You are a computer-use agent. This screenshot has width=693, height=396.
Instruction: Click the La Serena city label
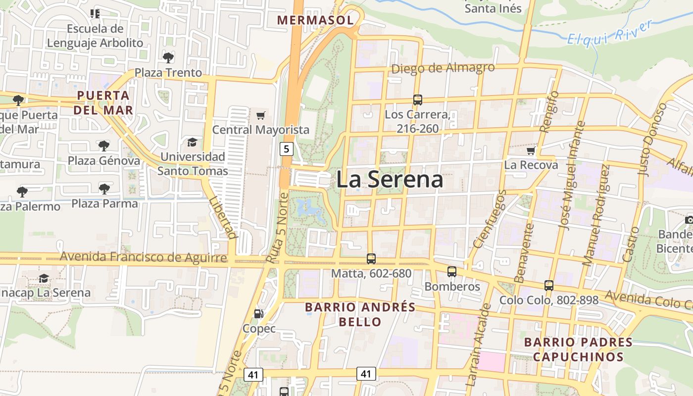390,180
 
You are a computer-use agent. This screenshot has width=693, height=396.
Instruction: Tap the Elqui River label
610,34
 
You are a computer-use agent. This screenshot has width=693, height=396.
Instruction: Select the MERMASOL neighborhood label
315,20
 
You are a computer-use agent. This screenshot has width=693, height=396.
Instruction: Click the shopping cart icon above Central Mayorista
261,116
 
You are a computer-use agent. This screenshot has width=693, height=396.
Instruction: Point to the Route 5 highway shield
286,148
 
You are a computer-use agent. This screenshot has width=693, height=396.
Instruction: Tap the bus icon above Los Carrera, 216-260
417,100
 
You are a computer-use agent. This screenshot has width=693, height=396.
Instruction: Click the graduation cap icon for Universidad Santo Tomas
192,143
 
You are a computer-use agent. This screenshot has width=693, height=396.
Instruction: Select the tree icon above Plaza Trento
168,57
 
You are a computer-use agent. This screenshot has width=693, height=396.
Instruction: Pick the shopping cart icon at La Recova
531,150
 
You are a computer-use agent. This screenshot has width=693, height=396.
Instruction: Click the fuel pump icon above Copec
258,313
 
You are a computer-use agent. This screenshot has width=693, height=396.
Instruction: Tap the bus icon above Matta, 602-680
371,258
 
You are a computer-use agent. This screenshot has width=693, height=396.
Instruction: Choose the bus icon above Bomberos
451,271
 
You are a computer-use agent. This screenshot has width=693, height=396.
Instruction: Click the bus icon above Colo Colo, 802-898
548,285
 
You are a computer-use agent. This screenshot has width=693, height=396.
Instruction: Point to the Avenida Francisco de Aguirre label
144,257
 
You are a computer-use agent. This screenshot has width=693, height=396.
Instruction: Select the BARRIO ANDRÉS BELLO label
360,314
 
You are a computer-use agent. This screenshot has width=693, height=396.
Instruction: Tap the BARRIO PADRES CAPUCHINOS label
578,349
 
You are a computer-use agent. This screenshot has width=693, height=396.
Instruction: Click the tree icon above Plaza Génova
103,146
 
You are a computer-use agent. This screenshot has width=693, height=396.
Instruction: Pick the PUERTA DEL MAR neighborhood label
103,102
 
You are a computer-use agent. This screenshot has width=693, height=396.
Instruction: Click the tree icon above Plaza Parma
104,189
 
